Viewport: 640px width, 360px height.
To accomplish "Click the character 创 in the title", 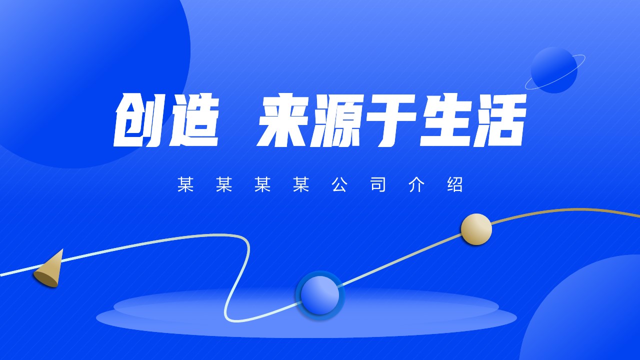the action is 138,120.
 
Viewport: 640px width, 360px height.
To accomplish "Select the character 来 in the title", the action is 283,120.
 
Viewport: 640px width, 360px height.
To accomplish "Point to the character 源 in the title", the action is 337,120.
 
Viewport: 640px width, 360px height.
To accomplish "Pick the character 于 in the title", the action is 391,120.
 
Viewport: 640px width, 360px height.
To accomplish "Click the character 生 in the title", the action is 445,120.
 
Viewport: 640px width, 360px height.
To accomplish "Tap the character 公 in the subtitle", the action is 339,184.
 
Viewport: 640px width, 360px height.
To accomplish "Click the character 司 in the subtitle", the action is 378,184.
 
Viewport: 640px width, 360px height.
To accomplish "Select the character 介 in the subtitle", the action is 416,184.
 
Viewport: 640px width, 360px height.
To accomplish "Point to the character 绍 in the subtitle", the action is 455,184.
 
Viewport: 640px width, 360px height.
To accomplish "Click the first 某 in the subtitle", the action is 185,184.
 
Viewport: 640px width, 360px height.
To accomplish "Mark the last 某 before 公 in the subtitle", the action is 301,184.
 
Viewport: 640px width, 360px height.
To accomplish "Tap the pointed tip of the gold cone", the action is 62,249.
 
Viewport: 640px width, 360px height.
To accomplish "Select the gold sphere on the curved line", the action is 476,229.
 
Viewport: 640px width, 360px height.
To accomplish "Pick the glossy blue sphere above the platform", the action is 320,295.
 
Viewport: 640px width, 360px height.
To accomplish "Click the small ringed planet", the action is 554,69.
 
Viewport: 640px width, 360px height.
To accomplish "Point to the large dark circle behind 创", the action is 77,71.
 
